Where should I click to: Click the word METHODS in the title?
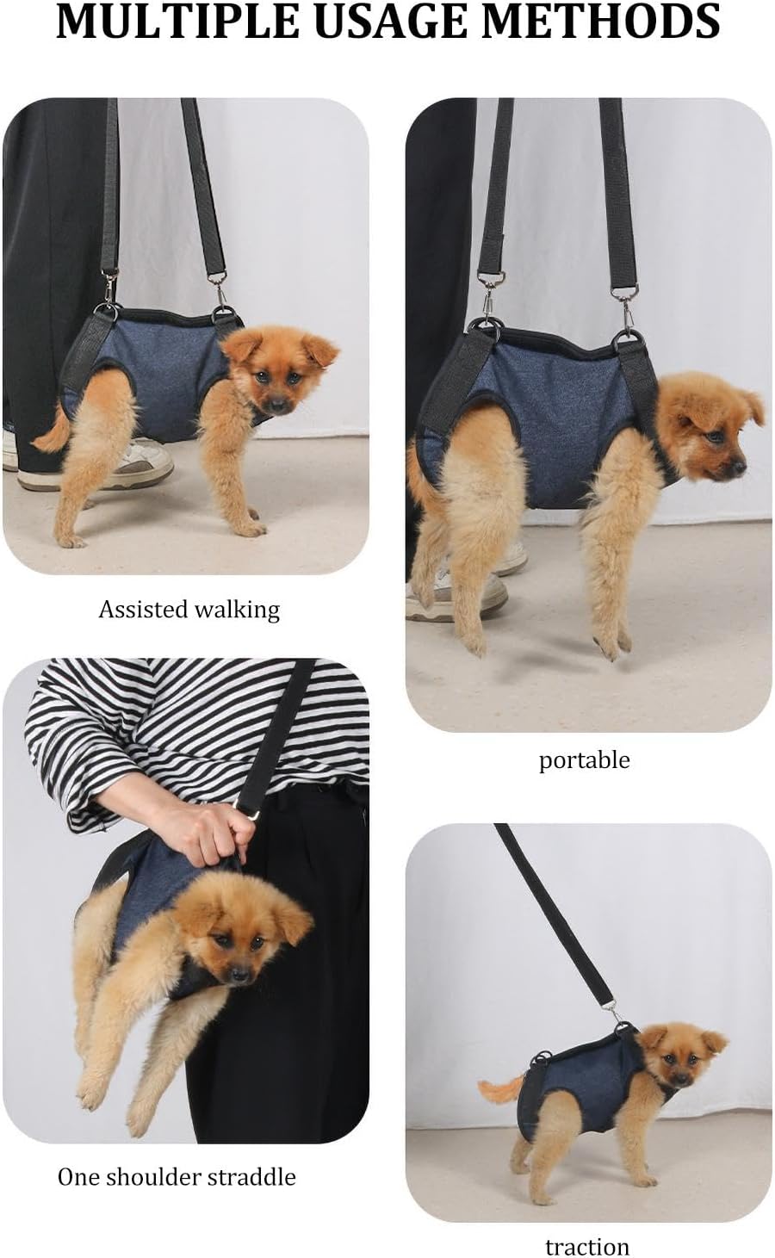601,22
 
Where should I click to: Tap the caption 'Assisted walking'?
189,610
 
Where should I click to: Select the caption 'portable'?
584,760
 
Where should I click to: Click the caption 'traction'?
587,1246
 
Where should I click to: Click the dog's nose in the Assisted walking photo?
276,403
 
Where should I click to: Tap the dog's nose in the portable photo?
741,466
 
